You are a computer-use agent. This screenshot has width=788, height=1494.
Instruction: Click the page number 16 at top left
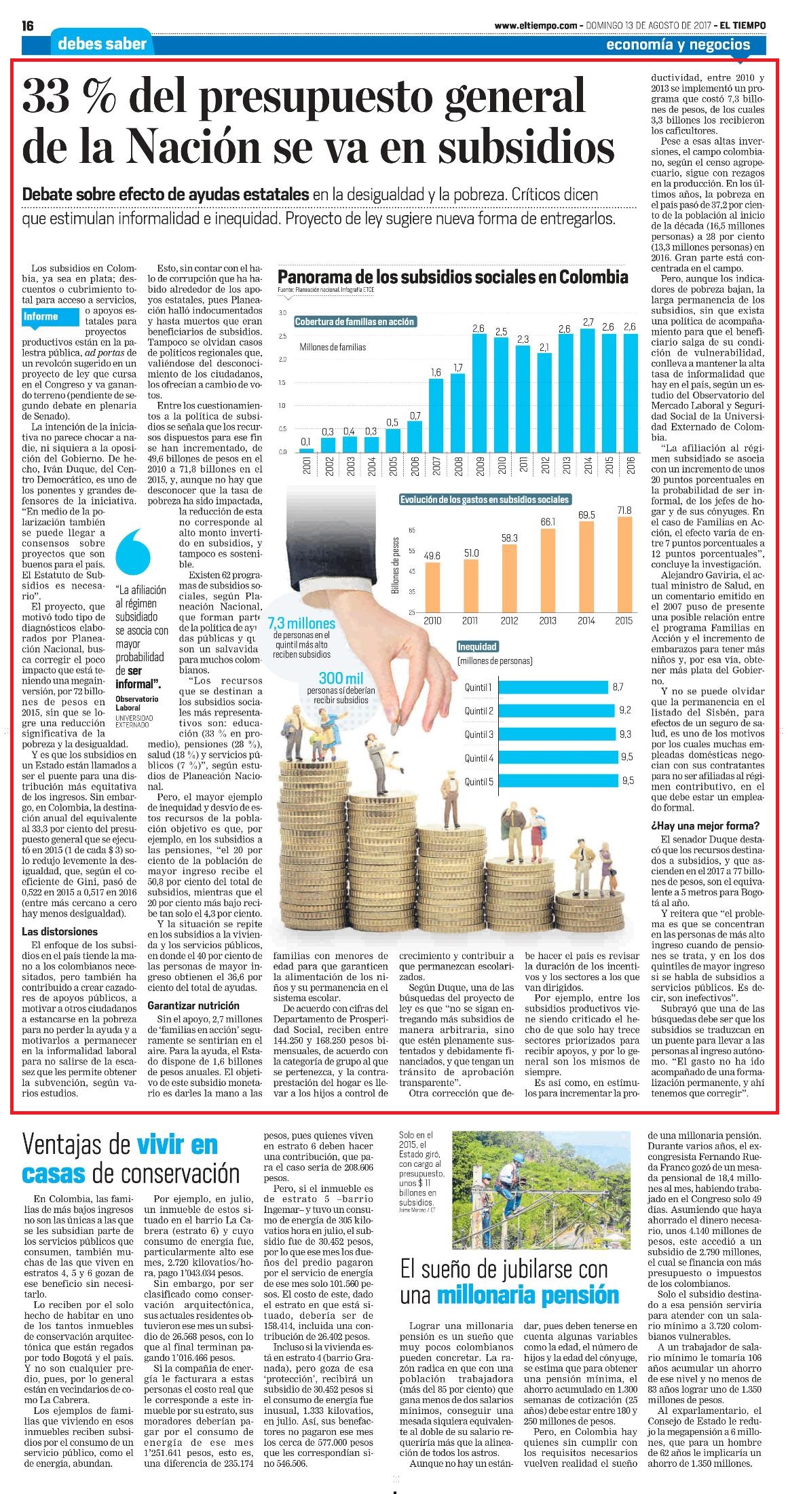[29, 26]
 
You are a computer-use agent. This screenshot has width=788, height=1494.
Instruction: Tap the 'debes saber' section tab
[102, 44]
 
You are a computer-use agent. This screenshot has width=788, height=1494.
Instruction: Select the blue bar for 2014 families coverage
[588, 390]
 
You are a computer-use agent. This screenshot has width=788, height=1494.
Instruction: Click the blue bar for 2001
[307, 450]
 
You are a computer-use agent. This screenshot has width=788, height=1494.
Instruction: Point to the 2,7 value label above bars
[588, 322]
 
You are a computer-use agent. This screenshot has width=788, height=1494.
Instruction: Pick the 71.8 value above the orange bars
[624, 510]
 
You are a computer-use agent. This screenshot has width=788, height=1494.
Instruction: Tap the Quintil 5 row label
[479, 781]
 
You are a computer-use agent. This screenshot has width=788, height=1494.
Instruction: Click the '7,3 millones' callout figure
[301, 624]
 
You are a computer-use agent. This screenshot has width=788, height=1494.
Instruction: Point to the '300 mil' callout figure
[341, 678]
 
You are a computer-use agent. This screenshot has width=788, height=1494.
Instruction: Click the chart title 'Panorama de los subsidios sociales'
[453, 277]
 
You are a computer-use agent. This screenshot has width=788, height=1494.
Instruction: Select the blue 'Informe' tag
[41, 316]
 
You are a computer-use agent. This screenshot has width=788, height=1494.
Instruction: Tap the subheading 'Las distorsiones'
[60, 932]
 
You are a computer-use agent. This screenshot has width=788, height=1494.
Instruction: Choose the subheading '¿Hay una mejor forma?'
[705, 826]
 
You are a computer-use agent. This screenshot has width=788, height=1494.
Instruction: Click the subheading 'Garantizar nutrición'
[193, 1005]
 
